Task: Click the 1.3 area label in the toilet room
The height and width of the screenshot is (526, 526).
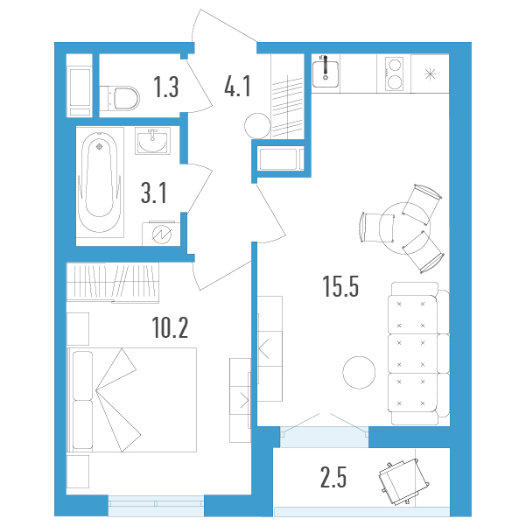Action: pyautogui.click(x=166, y=87)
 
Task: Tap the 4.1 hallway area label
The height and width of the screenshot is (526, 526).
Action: pyautogui.click(x=237, y=87)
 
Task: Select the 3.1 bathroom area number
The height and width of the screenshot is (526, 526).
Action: pyautogui.click(x=154, y=193)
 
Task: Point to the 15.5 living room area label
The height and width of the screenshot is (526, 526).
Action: pyautogui.click(x=340, y=286)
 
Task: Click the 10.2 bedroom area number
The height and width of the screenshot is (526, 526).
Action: pyautogui.click(x=170, y=327)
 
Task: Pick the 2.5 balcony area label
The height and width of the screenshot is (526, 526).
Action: pyautogui.click(x=333, y=477)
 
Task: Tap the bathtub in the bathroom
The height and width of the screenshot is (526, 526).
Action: pyautogui.click(x=100, y=182)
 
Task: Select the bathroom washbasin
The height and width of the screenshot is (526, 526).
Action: pyautogui.click(x=152, y=141)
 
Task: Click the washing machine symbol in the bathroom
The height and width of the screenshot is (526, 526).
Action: pyautogui.click(x=162, y=234)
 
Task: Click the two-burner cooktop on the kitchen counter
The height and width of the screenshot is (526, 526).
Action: pyautogui.click(x=394, y=74)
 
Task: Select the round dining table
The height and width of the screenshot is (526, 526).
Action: pyautogui.click(x=405, y=228)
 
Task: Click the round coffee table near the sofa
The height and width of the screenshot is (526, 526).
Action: pyautogui.click(x=359, y=372)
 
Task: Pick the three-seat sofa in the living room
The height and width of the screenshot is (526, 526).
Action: pyautogui.click(x=418, y=354)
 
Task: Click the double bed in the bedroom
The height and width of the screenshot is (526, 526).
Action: pyautogui.click(x=131, y=400)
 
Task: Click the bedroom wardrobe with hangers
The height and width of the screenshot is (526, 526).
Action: pyautogui.click(x=113, y=283)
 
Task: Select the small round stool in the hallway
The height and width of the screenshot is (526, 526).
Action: pyautogui.click(x=257, y=126)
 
